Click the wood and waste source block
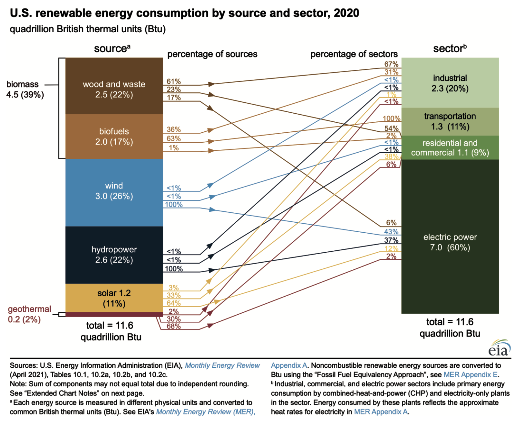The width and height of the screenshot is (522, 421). click(x=114, y=86)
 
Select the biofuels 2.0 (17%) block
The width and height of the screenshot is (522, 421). click(x=114, y=136)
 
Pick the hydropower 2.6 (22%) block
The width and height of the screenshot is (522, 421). click(x=114, y=255)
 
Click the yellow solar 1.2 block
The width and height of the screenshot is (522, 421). click(x=114, y=298)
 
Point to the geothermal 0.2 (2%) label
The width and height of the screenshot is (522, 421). click(x=29, y=314)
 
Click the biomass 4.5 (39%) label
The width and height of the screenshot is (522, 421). click(x=25, y=89)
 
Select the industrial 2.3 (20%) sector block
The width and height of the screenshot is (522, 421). click(x=450, y=83)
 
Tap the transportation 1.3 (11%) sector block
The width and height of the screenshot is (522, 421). click(x=450, y=121)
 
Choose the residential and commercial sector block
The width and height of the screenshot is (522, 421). click(x=450, y=148)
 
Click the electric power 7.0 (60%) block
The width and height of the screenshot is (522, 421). click(x=450, y=242)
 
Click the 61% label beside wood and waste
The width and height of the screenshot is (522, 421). click(x=174, y=81)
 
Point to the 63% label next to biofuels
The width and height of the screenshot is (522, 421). click(x=174, y=139)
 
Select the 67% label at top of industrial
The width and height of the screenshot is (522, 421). click(x=391, y=64)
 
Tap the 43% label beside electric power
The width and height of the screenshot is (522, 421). click(x=391, y=231)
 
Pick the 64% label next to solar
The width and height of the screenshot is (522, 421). click(x=174, y=303)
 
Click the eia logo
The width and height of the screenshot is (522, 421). click(x=500, y=348)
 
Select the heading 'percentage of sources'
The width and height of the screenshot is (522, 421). click(x=212, y=54)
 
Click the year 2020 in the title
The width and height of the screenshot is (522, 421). click(x=346, y=13)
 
